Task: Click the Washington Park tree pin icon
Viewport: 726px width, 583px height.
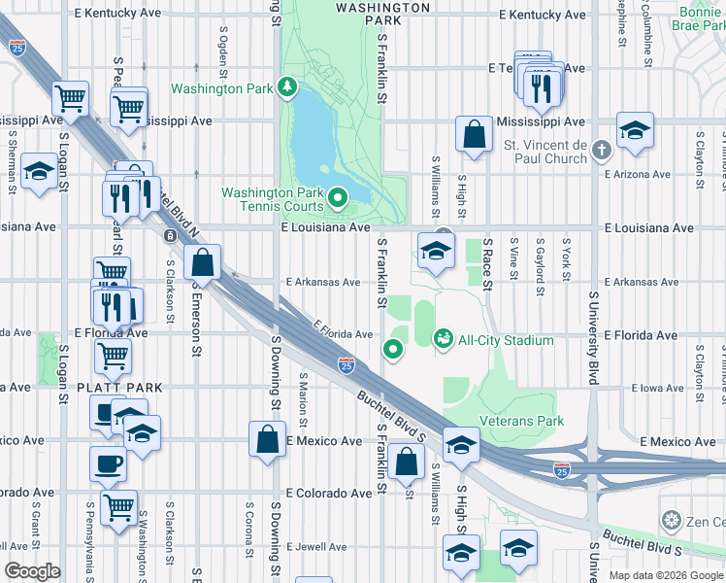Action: pyautogui.click(x=287, y=88)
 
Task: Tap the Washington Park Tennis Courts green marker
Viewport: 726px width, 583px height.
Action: pyautogui.click(x=338, y=199)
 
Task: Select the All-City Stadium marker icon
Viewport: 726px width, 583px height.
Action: pyautogui.click(x=444, y=339)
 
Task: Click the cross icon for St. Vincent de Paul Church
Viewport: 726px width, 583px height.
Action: pyautogui.click(x=602, y=150)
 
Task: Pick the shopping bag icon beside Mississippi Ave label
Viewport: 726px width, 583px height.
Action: pyautogui.click(x=476, y=136)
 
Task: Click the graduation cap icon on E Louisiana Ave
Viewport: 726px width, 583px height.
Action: pyautogui.click(x=436, y=253)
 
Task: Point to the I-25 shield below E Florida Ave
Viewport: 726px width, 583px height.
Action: pyautogui.click(x=346, y=365)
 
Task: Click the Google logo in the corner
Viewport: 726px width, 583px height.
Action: pyautogui.click(x=32, y=571)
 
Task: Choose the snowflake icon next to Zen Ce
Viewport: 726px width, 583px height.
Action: pyautogui.click(x=670, y=521)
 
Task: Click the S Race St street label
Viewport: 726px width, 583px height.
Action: pyautogui.click(x=488, y=259)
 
